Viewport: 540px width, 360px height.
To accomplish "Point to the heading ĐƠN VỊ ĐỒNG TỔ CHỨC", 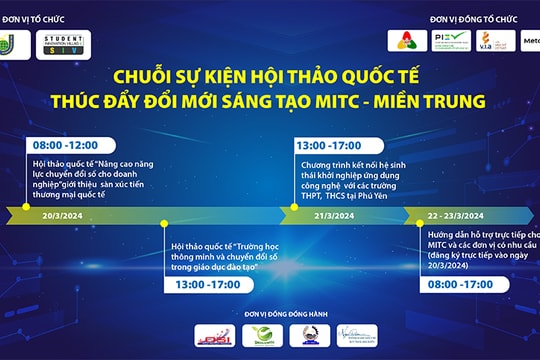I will [x=475, y=18].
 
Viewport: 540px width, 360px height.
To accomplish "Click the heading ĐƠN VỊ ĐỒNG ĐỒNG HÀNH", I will [x=271, y=314].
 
